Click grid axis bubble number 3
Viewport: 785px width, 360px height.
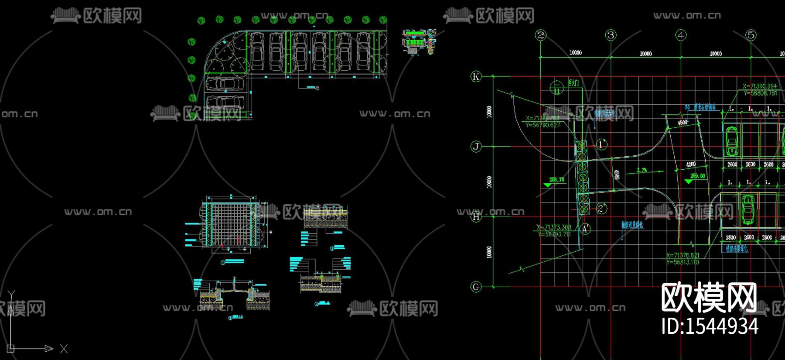pos(611,35)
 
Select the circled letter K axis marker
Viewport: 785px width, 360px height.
pos(476,77)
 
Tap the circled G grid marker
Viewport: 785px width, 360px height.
pos(476,287)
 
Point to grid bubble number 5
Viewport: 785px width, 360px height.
pos(751,35)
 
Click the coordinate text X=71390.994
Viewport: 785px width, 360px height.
pos(760,86)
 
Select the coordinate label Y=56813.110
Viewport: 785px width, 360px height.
pos(683,262)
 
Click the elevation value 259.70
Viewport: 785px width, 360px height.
pos(556,179)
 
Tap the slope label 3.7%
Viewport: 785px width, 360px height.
pos(642,170)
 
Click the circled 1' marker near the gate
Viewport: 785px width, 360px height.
pos(602,144)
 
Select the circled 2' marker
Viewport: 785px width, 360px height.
pos(602,208)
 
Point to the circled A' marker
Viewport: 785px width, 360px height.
pos(586,229)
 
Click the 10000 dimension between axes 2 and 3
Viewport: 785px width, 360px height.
pos(576,53)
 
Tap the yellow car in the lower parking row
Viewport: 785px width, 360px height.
pos(748,209)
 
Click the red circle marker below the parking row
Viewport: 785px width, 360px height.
pos(317,88)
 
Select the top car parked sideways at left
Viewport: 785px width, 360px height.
pos(225,83)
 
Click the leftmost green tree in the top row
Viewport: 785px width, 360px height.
pos(201,20)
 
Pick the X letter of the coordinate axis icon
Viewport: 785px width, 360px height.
pos(64,349)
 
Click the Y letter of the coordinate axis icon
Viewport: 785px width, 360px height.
pos(12,295)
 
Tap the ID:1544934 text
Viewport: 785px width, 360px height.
pos(710,326)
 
